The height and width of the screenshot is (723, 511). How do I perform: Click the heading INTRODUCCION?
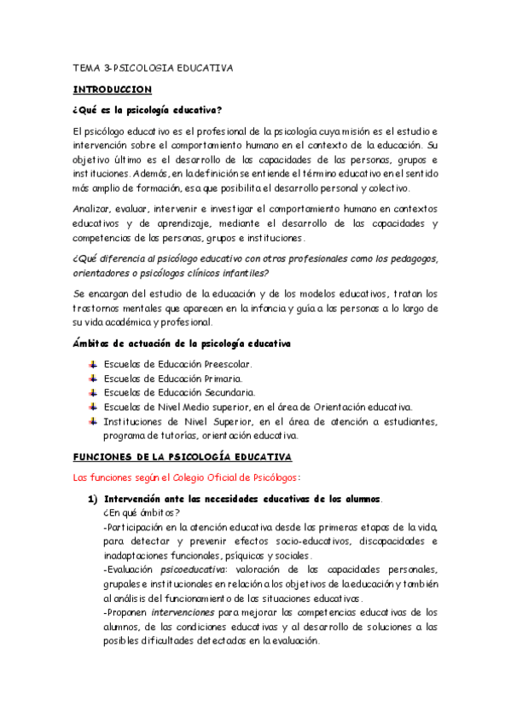(113, 88)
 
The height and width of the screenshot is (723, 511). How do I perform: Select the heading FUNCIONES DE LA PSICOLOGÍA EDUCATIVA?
(183, 456)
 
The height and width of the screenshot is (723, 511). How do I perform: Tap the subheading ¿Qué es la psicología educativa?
(148, 109)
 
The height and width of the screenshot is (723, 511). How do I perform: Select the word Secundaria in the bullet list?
(229, 392)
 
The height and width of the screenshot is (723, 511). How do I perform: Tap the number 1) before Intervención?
(89, 499)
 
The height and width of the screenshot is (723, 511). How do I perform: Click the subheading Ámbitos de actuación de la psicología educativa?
(181, 343)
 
